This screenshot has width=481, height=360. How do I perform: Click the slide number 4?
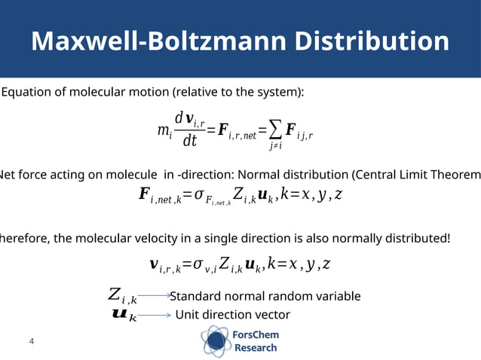[x=32, y=342]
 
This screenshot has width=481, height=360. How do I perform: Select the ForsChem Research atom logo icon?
[x=216, y=341]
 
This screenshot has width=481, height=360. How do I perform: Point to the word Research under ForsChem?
[x=256, y=348]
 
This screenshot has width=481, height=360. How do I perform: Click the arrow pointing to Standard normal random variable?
[x=152, y=297]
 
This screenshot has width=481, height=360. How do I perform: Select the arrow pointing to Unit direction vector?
[x=155, y=315]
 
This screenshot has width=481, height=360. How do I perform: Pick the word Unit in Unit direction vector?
[x=187, y=315]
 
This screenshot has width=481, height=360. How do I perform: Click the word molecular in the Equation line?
[x=99, y=93]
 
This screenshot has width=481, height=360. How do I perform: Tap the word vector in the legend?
[x=274, y=315]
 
